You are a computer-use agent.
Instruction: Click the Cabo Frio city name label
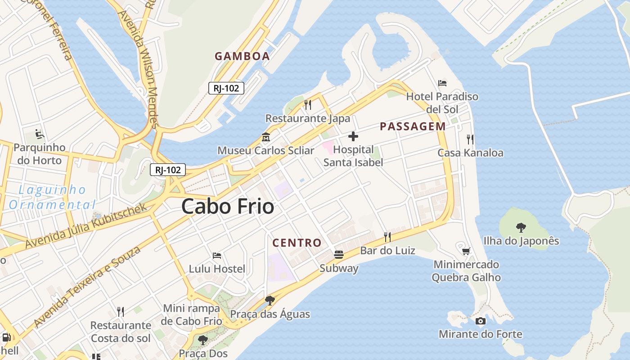(x=228, y=207)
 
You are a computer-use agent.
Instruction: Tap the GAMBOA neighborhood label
(x=242, y=56)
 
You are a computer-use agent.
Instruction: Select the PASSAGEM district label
(x=413, y=126)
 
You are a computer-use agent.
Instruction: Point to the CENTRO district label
(x=297, y=243)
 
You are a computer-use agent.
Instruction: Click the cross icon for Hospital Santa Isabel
(x=353, y=136)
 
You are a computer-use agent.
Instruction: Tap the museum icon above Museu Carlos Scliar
(x=266, y=137)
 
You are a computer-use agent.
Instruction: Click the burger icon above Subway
(x=339, y=255)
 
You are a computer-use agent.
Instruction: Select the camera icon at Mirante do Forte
(x=481, y=321)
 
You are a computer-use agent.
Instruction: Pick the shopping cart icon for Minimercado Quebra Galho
(x=466, y=251)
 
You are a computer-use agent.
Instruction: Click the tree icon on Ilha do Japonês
(x=521, y=227)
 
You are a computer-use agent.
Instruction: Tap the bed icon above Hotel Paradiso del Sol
(x=442, y=83)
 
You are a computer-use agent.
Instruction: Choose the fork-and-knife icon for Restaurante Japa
(x=308, y=105)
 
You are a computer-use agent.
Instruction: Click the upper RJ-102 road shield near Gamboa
(x=226, y=88)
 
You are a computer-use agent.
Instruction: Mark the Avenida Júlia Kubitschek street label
(x=86, y=226)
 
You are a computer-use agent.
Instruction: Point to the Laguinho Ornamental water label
(x=52, y=197)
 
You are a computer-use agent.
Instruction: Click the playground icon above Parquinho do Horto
(x=40, y=134)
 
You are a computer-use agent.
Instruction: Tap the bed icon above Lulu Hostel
(x=217, y=256)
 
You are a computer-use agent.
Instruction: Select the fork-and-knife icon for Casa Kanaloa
(x=470, y=139)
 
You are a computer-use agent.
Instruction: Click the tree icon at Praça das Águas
(x=270, y=300)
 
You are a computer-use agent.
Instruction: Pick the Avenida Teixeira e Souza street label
(x=87, y=287)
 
